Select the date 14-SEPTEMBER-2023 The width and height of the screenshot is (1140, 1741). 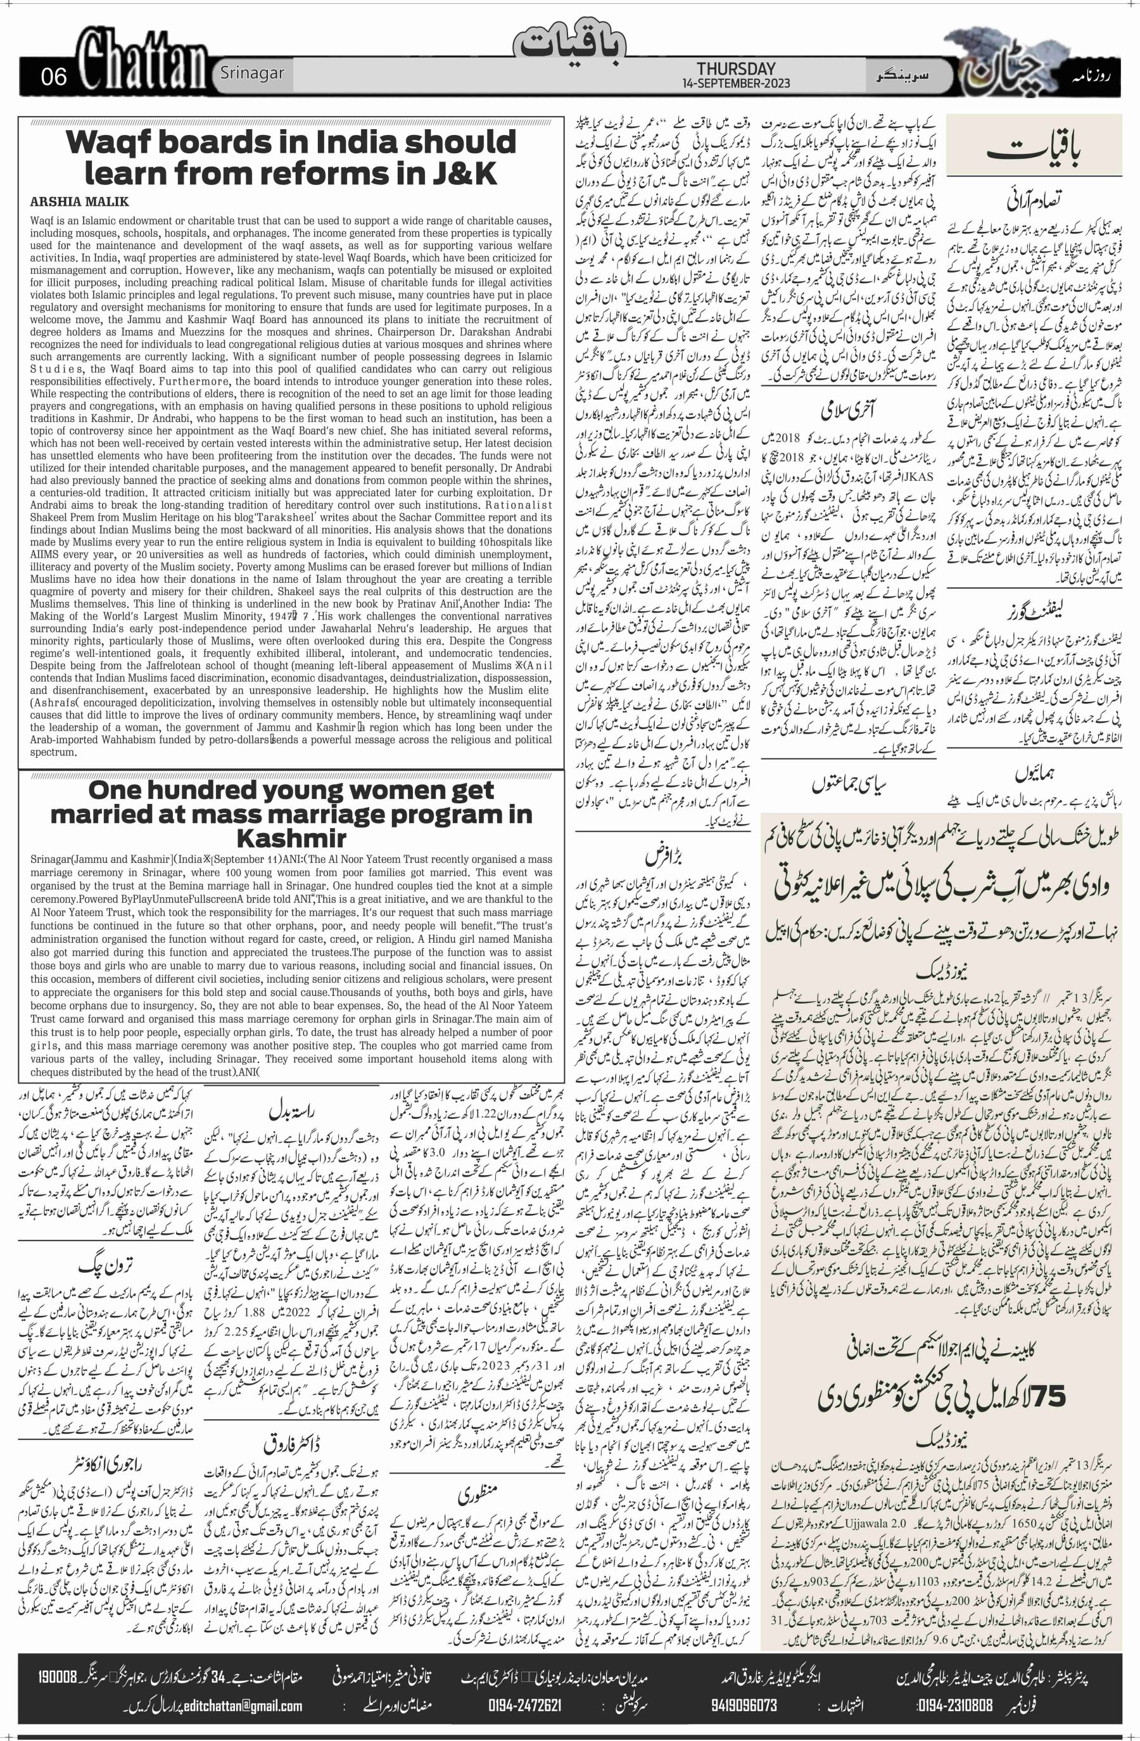[736, 84]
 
